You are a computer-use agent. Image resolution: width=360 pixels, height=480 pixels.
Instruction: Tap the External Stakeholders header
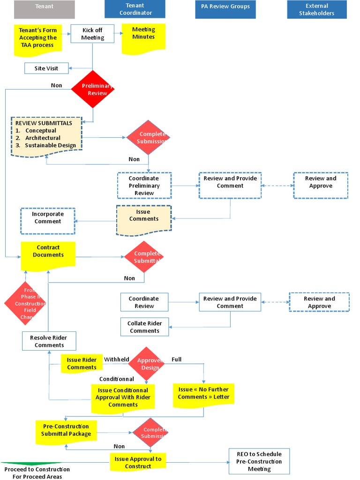click(x=317, y=9)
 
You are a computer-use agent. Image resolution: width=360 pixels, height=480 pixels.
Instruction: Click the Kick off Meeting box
click(x=92, y=34)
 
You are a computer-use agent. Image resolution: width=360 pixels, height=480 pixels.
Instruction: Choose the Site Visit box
click(x=46, y=68)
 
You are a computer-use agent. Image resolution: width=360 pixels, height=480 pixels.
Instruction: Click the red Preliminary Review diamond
click(x=93, y=89)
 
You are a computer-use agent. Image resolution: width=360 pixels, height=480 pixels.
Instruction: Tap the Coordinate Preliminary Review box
click(x=144, y=186)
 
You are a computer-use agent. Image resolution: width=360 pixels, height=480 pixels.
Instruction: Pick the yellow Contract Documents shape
click(x=48, y=254)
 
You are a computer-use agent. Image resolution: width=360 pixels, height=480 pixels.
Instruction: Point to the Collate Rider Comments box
click(x=144, y=327)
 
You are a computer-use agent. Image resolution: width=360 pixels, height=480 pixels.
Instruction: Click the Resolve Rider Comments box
click(x=49, y=341)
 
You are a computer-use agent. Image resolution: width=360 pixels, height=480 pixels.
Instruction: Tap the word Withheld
click(x=117, y=360)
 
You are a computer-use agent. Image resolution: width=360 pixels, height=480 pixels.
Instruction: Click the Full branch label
click(x=176, y=360)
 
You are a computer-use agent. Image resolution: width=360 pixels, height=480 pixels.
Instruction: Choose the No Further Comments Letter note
click(x=203, y=394)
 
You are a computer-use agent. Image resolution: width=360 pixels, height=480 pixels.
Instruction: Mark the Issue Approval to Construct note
click(x=138, y=462)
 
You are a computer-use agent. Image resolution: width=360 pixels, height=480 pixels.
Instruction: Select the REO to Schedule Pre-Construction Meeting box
click(x=259, y=461)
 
